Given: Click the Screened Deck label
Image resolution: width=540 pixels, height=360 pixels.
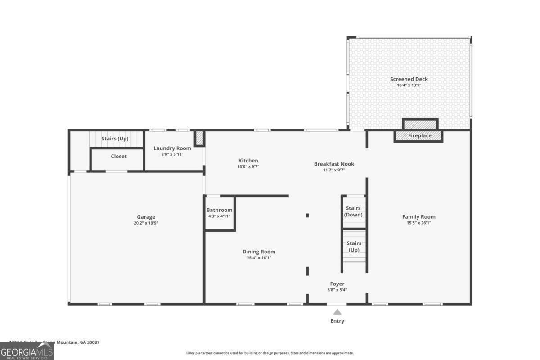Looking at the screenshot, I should (x=409, y=79).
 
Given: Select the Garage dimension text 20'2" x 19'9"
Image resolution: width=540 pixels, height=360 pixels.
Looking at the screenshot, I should (x=146, y=223).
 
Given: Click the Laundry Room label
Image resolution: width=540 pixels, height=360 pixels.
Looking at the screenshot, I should (x=172, y=148).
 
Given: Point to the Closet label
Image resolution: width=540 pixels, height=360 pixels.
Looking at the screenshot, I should (x=119, y=157).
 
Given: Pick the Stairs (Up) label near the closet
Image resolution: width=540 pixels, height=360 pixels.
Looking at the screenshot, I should (x=115, y=139).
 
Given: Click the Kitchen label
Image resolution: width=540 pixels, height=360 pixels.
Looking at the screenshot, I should (x=248, y=161).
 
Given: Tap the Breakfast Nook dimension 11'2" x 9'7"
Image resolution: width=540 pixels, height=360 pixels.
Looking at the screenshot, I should (x=334, y=170).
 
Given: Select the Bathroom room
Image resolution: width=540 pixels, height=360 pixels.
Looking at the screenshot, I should (x=220, y=213).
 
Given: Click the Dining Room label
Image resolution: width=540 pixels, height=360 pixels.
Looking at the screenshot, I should (x=259, y=252).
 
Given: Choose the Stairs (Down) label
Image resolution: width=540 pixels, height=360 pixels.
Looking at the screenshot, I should (x=353, y=211).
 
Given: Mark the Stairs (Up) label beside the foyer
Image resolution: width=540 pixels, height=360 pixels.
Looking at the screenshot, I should (x=354, y=247).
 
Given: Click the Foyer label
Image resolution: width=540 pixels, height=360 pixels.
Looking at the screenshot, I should (x=337, y=284).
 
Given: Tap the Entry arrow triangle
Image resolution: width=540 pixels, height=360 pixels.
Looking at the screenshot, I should (x=337, y=311).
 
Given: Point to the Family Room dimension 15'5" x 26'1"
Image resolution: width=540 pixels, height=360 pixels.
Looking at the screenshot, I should (x=418, y=223).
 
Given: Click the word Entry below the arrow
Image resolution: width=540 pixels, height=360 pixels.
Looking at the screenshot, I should (x=337, y=321).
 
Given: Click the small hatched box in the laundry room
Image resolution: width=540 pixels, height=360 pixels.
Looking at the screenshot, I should (x=199, y=138).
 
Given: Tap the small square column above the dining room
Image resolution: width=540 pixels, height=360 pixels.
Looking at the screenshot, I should (x=307, y=216).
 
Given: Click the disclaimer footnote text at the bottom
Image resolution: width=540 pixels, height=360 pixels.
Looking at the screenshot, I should (x=270, y=353).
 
